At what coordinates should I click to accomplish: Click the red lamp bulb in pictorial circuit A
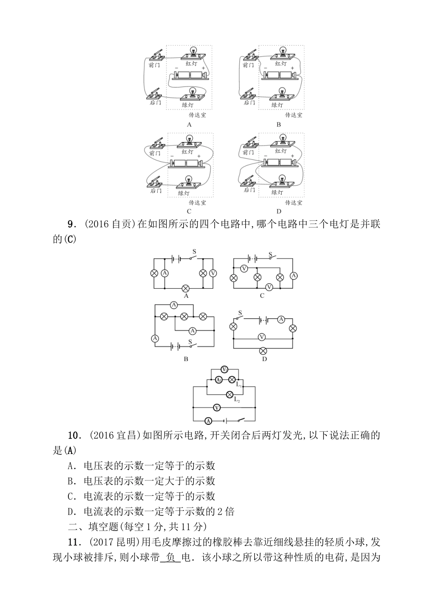pyautogui.click(x=193, y=51)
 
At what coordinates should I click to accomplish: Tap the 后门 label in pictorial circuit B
pyautogui.click(x=249, y=103)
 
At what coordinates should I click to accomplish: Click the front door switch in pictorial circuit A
pyautogui.click(x=156, y=55)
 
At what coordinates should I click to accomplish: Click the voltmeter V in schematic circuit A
pyautogui.click(x=213, y=273)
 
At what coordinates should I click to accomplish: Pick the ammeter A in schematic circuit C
pyautogui.click(x=294, y=275)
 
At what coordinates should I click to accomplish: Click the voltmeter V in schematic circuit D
pyautogui.click(x=262, y=337)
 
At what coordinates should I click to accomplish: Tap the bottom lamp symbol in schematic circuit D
pyautogui.click(x=263, y=351)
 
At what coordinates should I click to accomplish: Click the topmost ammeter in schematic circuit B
pyautogui.click(x=173, y=305)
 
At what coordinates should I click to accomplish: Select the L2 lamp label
pyautogui.click(x=237, y=400)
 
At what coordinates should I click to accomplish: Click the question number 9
pyautogui.click(x=71, y=224)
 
